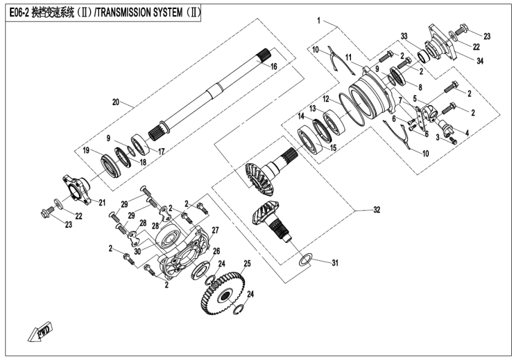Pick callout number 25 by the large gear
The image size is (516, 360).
pos(247,263)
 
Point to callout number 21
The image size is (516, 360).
pos(101,202)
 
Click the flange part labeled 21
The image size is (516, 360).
pos(76,188)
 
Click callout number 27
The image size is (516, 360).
pos(215,230)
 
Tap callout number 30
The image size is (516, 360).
pos(139,251)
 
